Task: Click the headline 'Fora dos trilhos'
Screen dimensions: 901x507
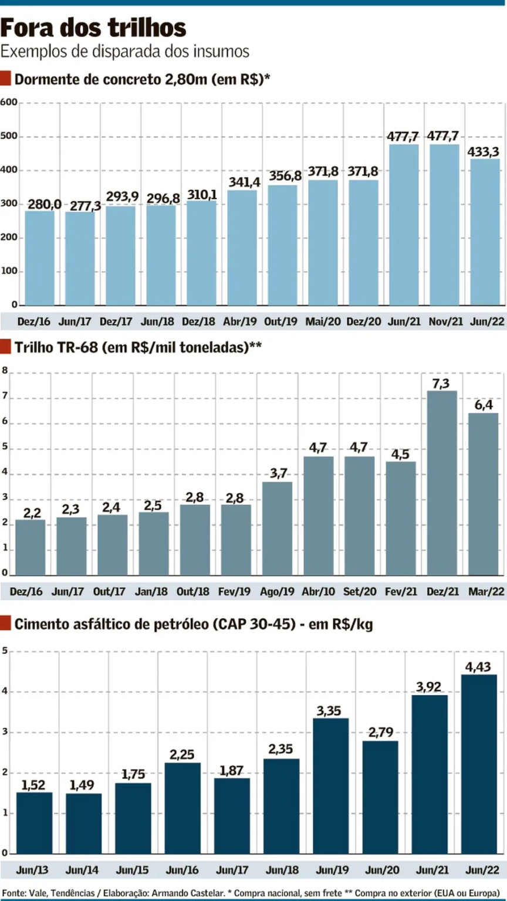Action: pos(94,28)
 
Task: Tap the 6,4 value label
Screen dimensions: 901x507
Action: pos(483,405)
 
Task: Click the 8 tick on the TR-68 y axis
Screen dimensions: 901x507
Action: pos(5,371)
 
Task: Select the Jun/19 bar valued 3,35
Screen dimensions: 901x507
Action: pos(331,786)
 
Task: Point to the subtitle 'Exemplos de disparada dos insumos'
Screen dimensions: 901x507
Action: pos(125,51)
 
